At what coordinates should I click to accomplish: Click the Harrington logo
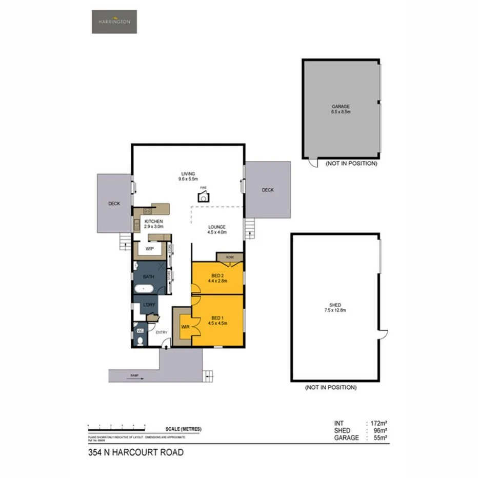tap(114, 22)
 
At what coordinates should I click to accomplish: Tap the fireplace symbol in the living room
tap(204, 197)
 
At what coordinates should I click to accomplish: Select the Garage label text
tap(341, 107)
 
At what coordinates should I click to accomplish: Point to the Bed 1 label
tap(217, 317)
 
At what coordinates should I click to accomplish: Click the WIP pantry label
tap(150, 249)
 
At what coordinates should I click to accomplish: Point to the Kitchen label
tap(153, 221)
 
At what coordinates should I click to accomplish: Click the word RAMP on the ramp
tap(134, 376)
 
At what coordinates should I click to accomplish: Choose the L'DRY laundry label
tap(149, 305)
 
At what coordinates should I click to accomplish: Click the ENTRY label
tap(161, 332)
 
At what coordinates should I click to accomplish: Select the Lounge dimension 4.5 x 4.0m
tap(217, 232)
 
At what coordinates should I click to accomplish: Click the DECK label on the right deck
tap(268, 190)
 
